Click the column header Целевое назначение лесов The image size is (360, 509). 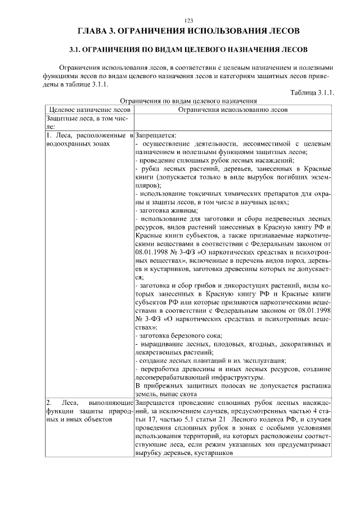click(x=90, y=110)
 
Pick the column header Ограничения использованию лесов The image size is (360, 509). click(x=232, y=110)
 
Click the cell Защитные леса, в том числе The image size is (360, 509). click(x=89, y=123)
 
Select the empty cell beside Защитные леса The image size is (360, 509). click(x=232, y=123)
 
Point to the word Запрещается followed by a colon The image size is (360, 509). click(x=156, y=136)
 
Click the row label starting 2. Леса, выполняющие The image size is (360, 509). click(x=89, y=412)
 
